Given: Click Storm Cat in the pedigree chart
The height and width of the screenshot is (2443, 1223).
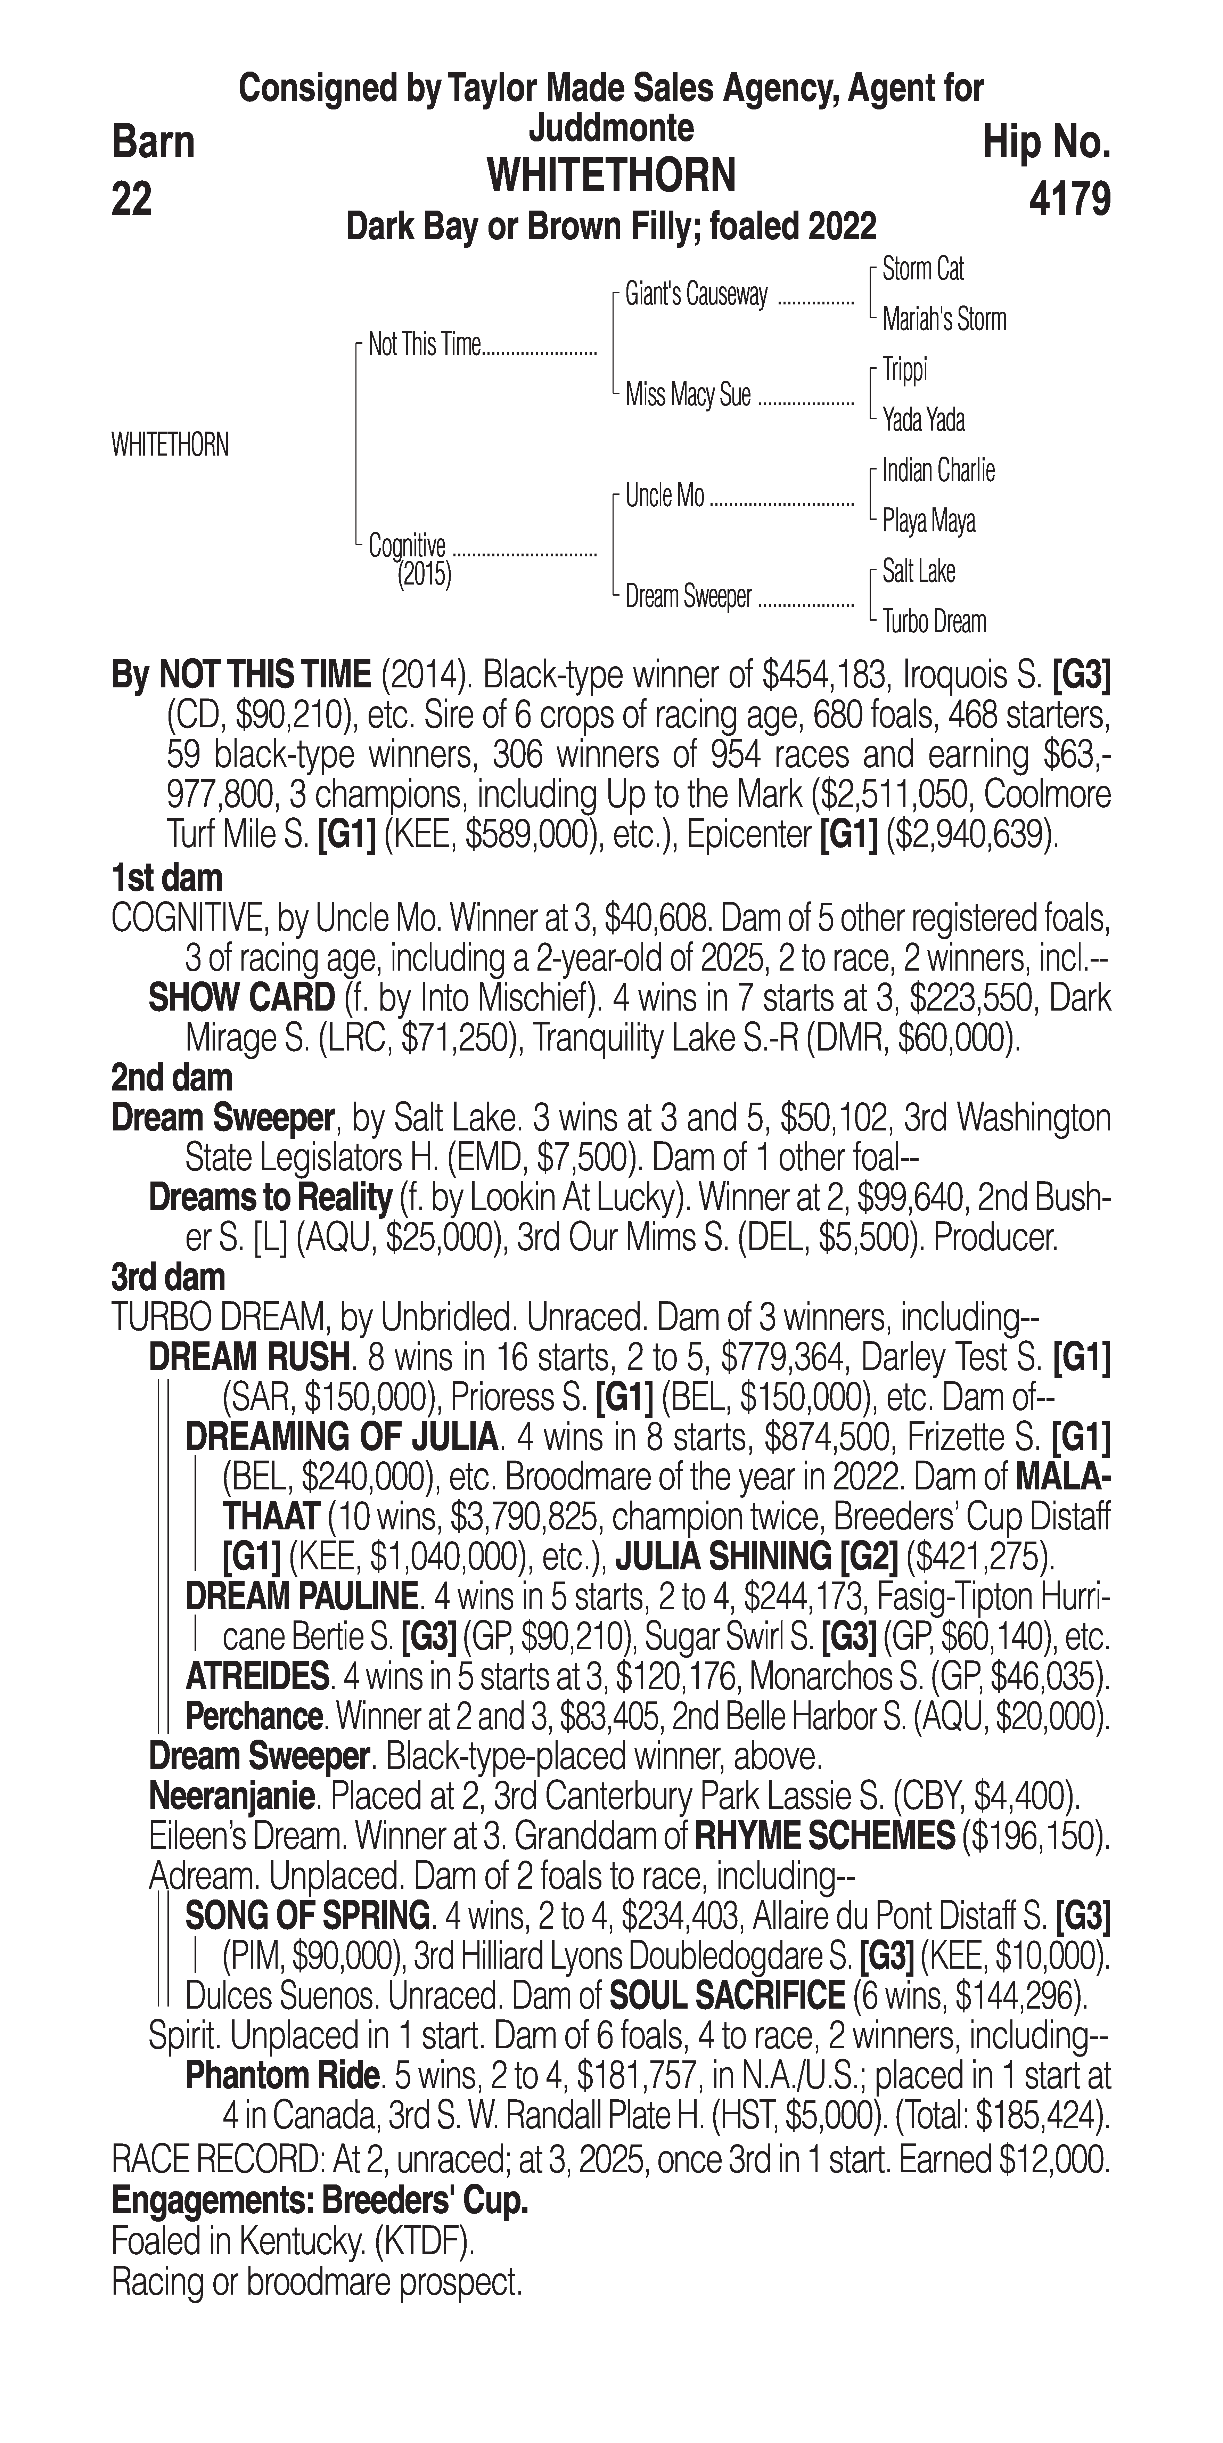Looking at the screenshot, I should pyautogui.click(x=922, y=269).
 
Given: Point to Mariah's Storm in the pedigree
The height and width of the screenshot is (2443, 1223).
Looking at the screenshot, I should pyautogui.click(x=943, y=320).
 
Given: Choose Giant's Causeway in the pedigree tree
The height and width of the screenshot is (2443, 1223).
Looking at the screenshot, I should pyautogui.click(x=696, y=295).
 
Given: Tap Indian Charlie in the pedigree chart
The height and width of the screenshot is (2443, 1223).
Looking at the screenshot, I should pyautogui.click(x=938, y=471).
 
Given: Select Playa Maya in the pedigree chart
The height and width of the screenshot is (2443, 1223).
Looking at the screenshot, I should pyautogui.click(x=928, y=521).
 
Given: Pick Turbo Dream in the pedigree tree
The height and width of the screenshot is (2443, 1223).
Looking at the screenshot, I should pyautogui.click(x=934, y=622).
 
